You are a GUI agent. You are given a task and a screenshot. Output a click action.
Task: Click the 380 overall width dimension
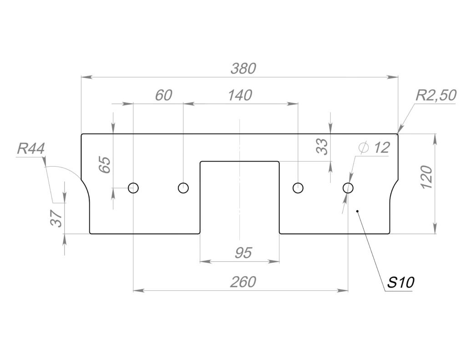point(243,69)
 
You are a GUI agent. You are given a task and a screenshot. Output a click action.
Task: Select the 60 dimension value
point(163,96)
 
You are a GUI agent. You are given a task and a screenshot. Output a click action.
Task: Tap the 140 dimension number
point(240,96)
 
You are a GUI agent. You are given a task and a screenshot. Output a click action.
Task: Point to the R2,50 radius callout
point(436,96)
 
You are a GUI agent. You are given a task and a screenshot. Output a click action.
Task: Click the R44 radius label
point(31,149)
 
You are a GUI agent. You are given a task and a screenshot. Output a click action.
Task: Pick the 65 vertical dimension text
point(105,165)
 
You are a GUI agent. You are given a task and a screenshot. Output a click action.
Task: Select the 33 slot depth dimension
point(322,147)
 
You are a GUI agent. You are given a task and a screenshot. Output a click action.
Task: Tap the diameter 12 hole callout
point(374,147)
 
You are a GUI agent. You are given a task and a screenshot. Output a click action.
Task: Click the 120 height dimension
point(426,177)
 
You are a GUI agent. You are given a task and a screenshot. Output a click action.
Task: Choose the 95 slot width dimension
point(243,253)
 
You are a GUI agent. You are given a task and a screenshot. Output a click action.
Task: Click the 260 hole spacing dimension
point(243,282)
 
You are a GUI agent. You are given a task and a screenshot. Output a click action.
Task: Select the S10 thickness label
point(400,283)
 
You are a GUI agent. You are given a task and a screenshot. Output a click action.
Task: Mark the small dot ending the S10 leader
point(358,211)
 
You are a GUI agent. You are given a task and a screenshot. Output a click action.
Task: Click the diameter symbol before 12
point(364,147)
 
